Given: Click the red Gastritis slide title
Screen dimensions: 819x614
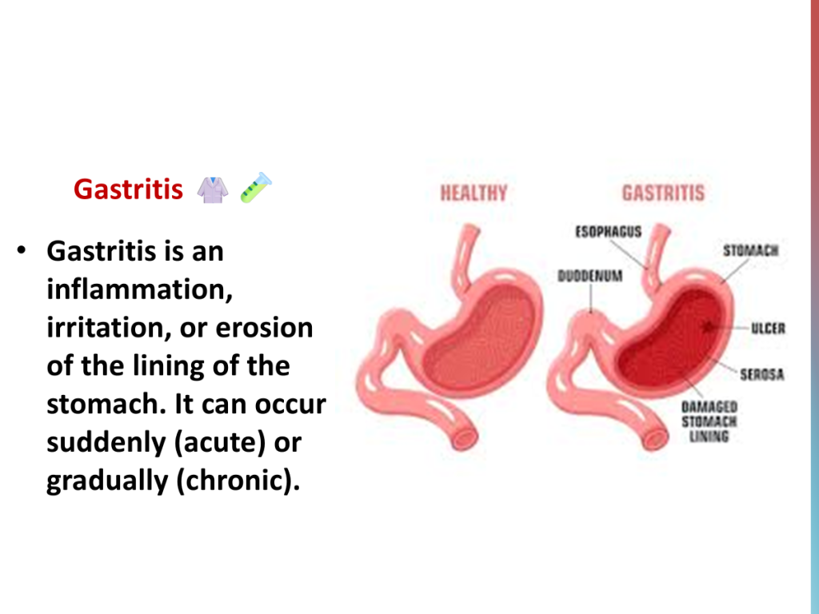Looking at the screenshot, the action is [128, 189].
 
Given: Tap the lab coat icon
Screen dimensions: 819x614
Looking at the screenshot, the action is [213, 189].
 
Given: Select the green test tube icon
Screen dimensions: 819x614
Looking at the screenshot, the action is [256, 187].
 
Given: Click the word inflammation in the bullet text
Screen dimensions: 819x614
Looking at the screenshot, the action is [139, 289].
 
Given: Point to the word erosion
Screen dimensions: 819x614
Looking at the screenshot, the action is [264, 327].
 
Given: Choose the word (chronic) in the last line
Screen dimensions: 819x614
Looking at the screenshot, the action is [238, 480].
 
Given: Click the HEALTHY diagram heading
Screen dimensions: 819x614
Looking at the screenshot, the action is [473, 193].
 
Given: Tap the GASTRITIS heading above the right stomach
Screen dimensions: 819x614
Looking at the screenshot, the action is [663, 193].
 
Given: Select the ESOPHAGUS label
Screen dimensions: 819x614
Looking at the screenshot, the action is [609, 231].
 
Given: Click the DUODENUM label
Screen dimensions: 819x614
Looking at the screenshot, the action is [590, 276].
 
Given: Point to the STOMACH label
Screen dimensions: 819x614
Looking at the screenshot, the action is [750, 250].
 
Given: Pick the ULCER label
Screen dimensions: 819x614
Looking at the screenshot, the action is [769, 329].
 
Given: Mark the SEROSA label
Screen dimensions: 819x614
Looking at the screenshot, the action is [762, 374].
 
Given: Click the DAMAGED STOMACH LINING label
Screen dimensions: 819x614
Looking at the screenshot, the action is [709, 421].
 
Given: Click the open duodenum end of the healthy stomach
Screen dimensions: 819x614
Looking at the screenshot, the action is [465, 437].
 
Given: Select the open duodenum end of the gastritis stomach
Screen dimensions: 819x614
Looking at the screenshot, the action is [655, 437].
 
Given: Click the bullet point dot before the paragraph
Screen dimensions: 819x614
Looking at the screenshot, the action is [21, 250].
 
